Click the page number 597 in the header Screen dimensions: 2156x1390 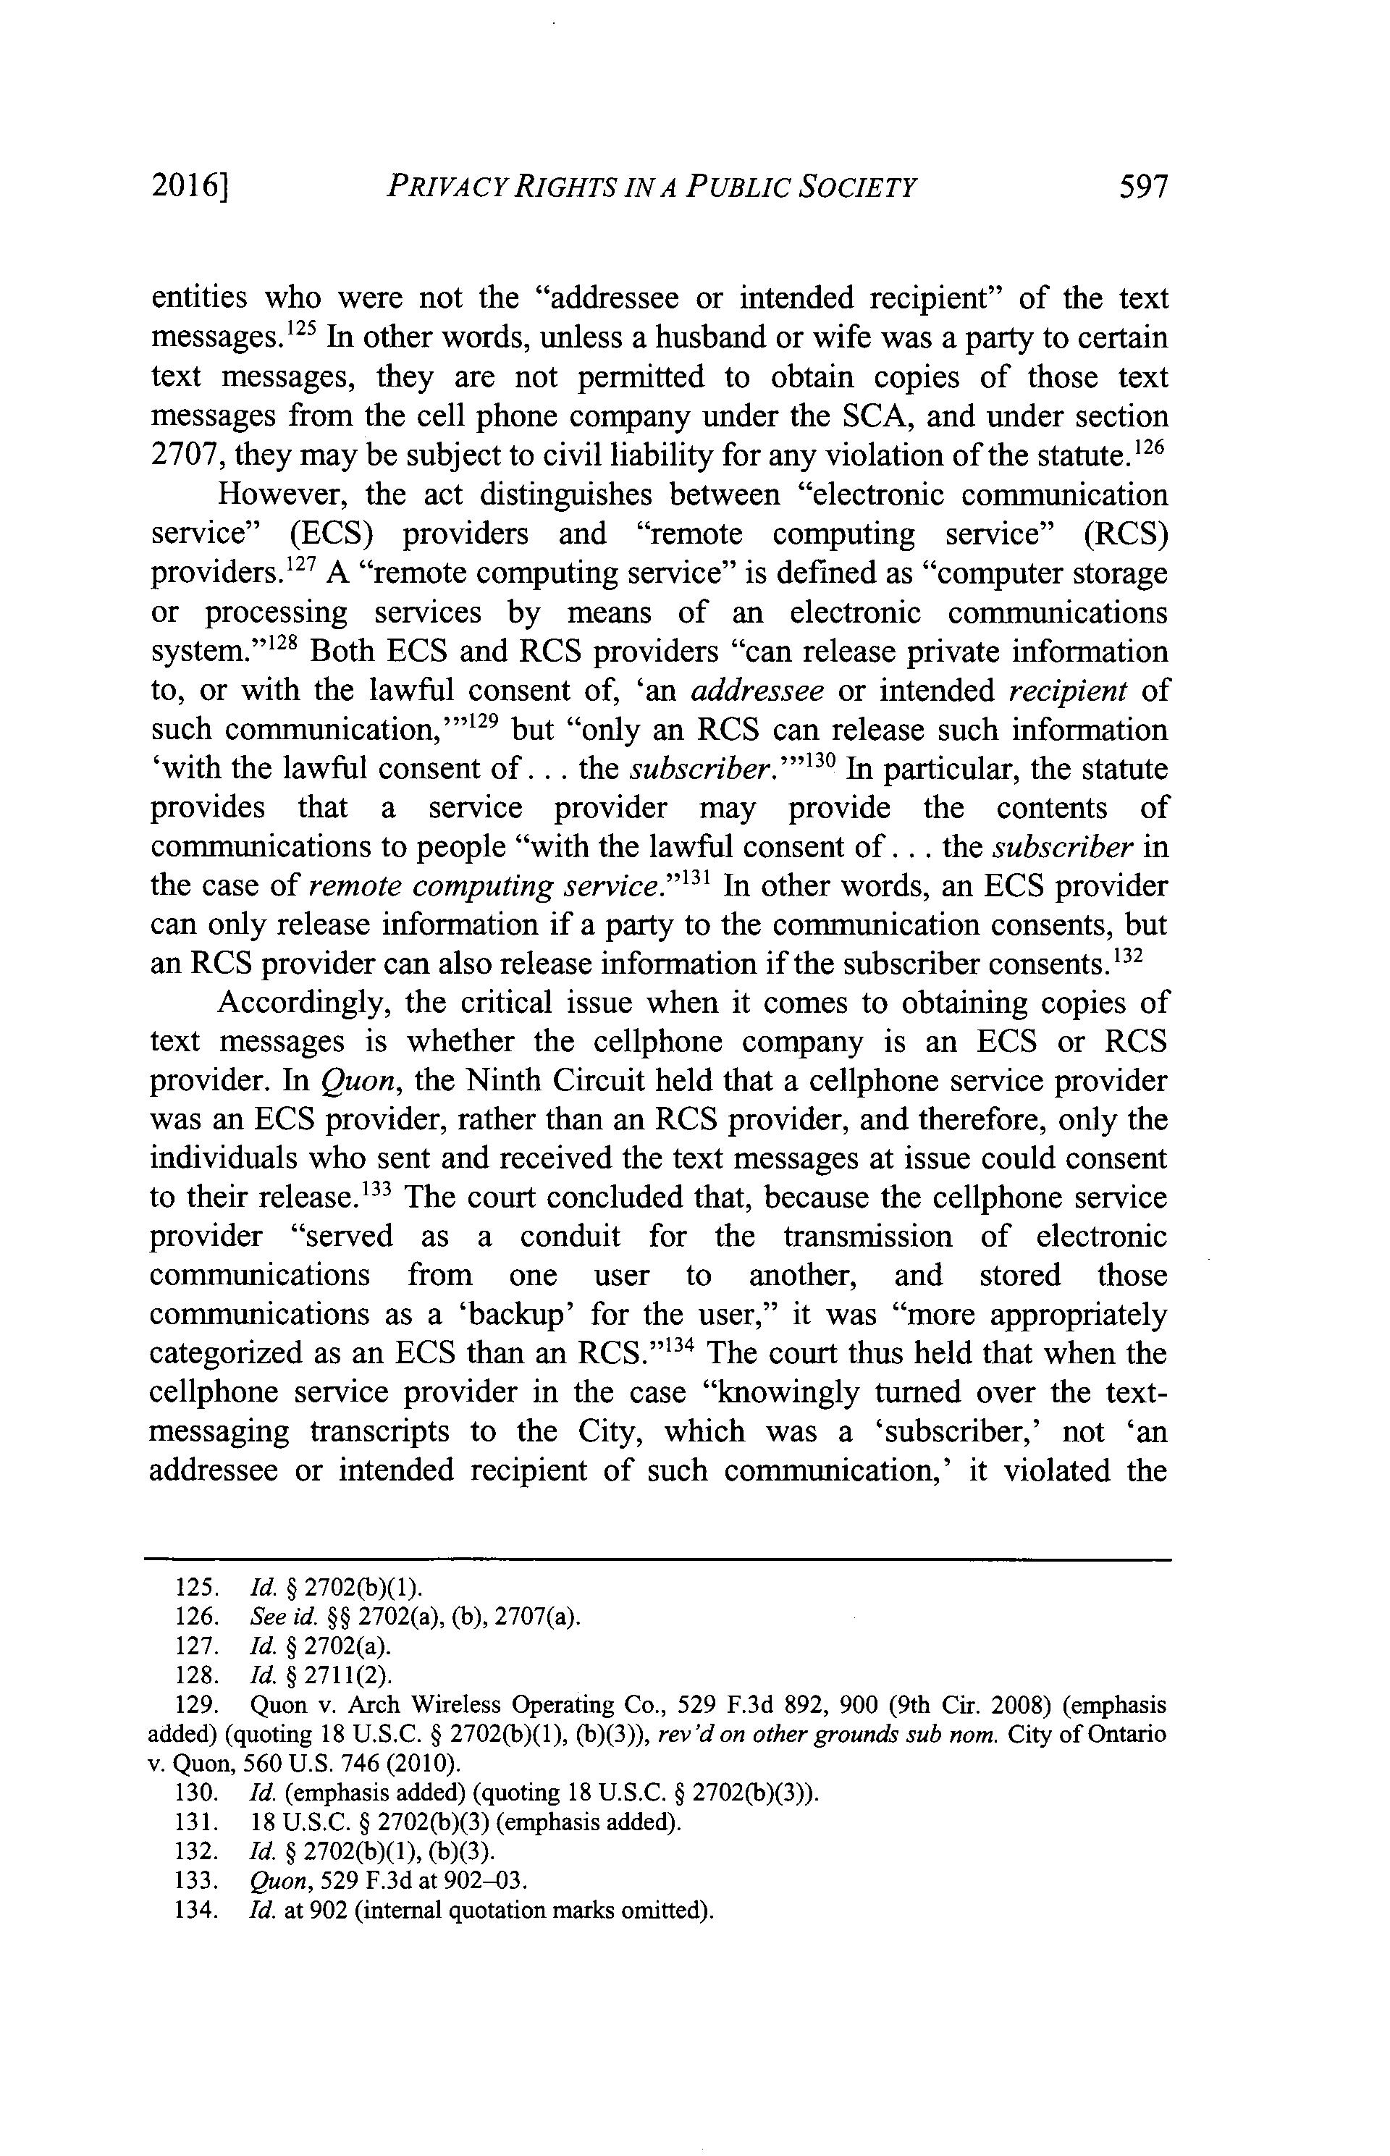1142,188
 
